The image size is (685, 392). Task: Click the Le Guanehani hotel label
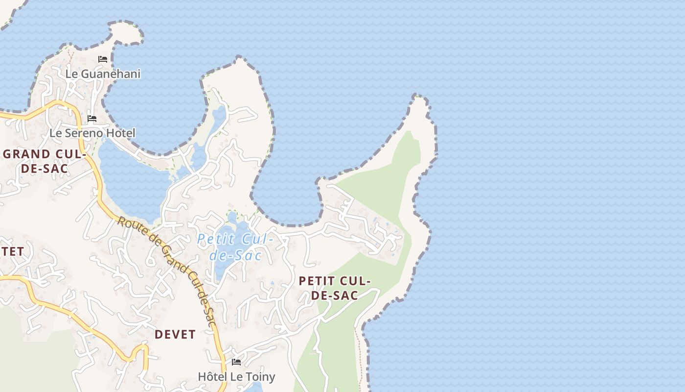pos(103,74)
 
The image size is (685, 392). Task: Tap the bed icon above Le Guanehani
pos(103,59)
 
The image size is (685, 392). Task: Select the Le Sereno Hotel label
pos(92,133)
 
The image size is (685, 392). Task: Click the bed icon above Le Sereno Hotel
pos(92,119)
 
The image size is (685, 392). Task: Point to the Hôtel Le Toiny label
pos(236,376)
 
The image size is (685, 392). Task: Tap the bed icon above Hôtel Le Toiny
pos(236,362)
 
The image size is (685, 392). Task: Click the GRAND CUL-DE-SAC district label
pos(44,161)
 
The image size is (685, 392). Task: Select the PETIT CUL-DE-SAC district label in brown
pos(335,288)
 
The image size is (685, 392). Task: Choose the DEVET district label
pos(175,334)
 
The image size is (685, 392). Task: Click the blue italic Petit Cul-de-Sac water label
pos(235,247)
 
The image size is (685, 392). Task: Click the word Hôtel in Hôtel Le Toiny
pos(211,376)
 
